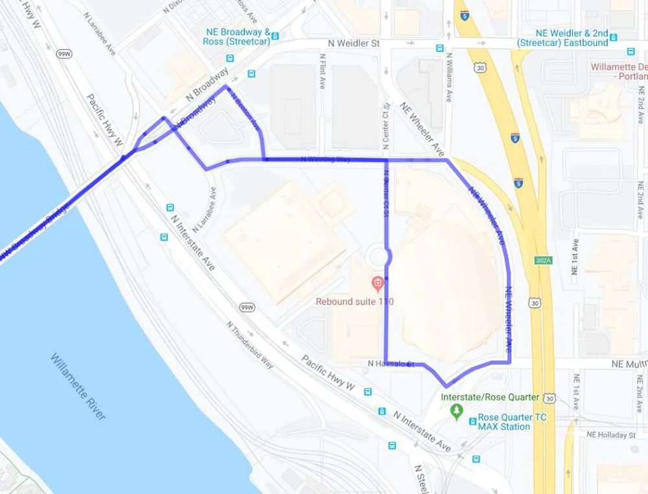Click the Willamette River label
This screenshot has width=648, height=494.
click(78, 386)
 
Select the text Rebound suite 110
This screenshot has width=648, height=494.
click(354, 301)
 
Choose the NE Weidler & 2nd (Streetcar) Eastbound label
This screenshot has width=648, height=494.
click(562, 38)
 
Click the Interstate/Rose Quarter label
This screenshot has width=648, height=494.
click(489, 397)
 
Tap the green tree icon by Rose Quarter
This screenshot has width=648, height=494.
click(457, 410)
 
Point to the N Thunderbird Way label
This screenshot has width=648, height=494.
click(249, 345)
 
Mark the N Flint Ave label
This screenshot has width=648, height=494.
click(321, 71)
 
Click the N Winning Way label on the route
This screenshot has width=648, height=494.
click(326, 159)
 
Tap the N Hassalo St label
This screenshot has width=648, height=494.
click(390, 364)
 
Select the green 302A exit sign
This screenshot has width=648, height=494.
click(543, 260)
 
